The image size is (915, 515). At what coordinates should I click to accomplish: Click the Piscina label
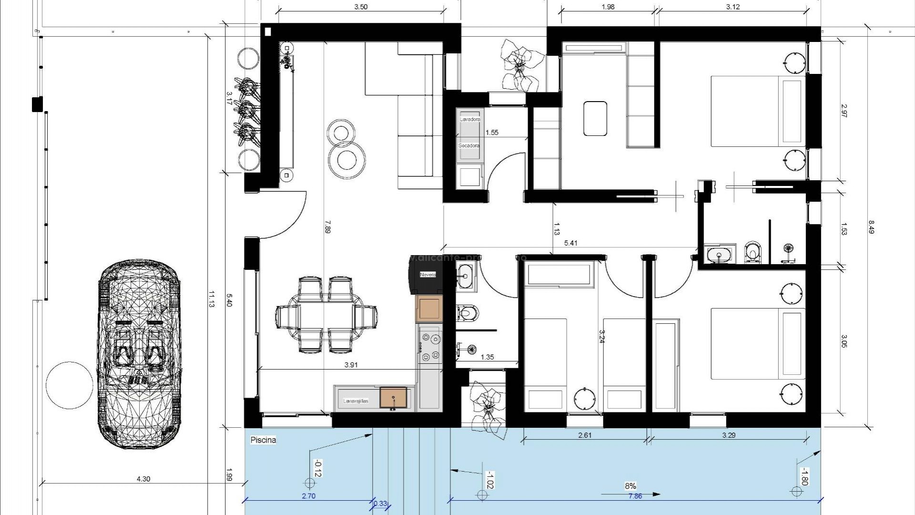coord(263,440)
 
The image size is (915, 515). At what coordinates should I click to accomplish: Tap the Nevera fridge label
coord(427,275)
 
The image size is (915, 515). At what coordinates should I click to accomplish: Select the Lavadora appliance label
coord(470,119)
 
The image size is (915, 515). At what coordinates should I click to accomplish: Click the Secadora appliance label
coord(468,145)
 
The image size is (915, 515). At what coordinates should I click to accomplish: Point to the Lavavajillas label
coord(356,401)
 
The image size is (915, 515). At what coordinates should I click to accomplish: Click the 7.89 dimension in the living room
coord(327,226)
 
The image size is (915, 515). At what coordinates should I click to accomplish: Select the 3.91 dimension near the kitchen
coord(351,365)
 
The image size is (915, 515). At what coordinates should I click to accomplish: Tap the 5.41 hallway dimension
coord(570,243)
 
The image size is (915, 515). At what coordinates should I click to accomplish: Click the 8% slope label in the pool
coord(630,486)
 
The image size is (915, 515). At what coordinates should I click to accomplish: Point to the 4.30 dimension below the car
coord(143,479)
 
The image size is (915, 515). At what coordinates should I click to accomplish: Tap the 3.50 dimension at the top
coord(361,7)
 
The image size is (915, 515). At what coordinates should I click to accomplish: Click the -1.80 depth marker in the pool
coord(803,476)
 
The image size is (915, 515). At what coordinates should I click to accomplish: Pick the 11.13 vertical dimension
coord(211,299)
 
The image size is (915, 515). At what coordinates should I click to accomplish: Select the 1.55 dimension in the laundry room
coord(491,133)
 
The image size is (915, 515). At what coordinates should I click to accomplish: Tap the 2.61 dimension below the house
coord(585,435)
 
